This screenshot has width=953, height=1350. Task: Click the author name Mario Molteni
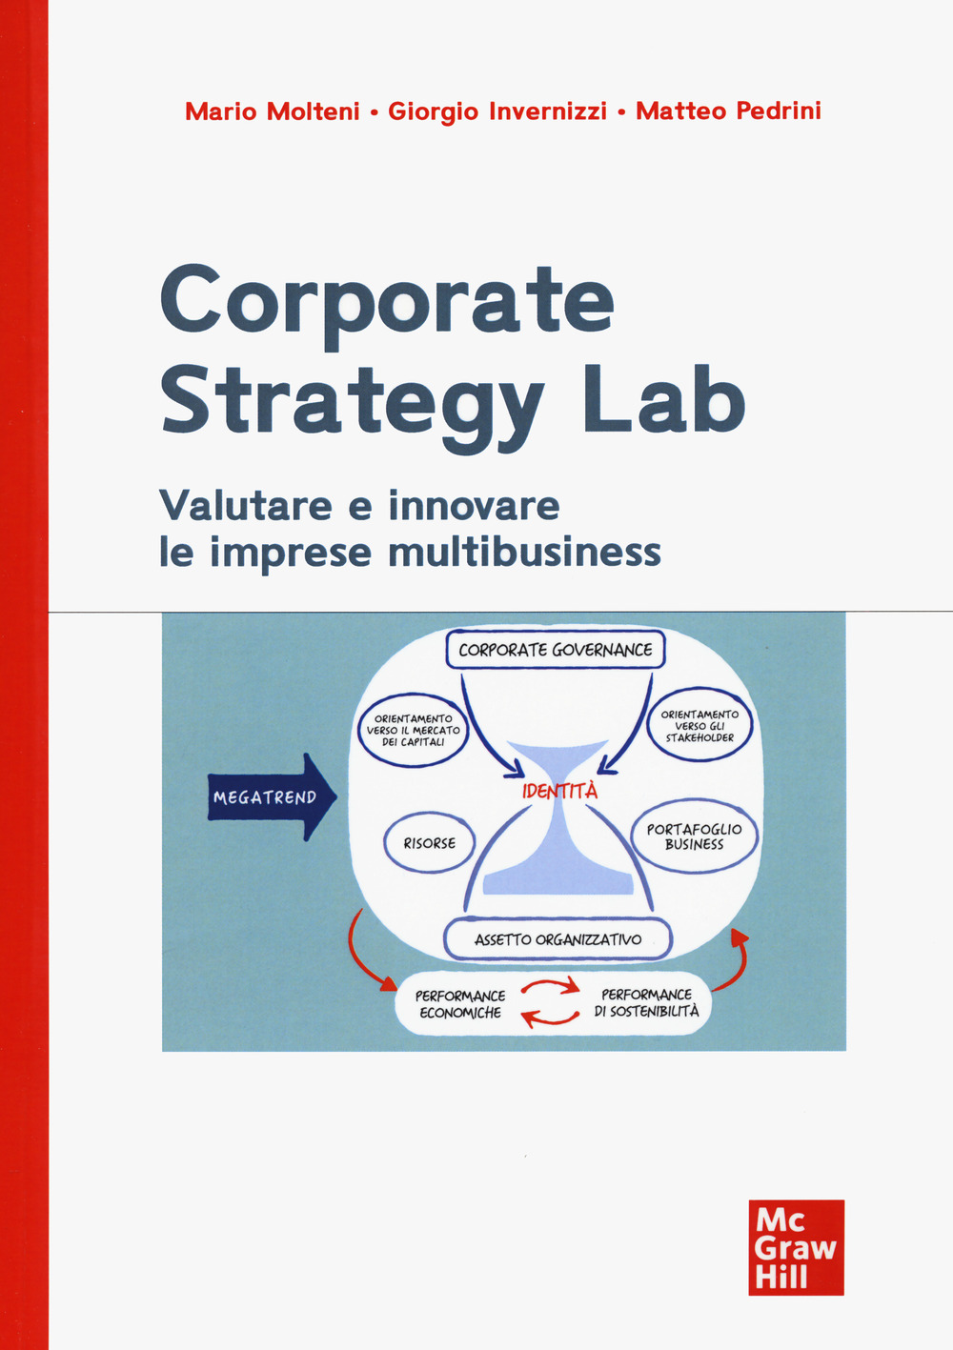(x=272, y=111)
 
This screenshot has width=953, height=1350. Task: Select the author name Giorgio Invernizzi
(x=497, y=111)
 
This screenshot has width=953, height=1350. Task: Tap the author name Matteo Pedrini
(x=728, y=111)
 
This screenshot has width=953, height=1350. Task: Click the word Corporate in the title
(x=387, y=300)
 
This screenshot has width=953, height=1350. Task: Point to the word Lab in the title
(x=663, y=400)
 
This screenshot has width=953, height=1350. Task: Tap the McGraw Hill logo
(x=796, y=1247)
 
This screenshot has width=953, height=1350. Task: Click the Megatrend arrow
(x=272, y=797)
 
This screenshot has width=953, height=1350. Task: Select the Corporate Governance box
(x=556, y=650)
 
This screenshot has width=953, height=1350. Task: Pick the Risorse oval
(x=429, y=843)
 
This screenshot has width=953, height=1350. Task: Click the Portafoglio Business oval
(x=694, y=836)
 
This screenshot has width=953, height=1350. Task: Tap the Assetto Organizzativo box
(x=558, y=939)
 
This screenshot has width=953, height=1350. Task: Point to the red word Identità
(x=559, y=791)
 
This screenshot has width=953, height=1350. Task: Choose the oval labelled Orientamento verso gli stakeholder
(x=700, y=726)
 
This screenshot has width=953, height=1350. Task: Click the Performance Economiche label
(x=460, y=1004)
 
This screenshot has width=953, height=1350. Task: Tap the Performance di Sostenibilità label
(x=646, y=1002)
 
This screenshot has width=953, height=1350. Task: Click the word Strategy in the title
(x=352, y=400)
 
